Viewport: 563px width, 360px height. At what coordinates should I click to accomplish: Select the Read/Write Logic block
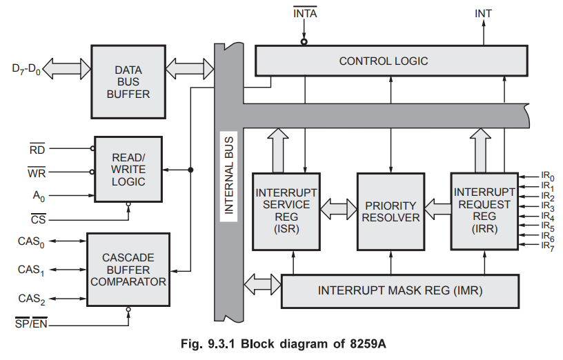[128, 170]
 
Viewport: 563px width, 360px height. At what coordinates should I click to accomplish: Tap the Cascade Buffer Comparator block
[128, 270]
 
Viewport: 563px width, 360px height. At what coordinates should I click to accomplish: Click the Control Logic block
[384, 61]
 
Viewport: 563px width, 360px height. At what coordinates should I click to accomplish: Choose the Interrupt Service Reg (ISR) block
[286, 211]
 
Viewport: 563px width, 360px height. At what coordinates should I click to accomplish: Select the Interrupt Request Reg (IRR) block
[483, 210]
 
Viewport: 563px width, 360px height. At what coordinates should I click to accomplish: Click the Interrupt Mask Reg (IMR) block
[400, 290]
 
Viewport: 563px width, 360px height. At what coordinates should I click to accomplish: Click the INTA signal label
[304, 13]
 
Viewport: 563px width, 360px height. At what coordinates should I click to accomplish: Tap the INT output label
[483, 13]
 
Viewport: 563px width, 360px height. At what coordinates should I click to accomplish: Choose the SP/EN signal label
[30, 323]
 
